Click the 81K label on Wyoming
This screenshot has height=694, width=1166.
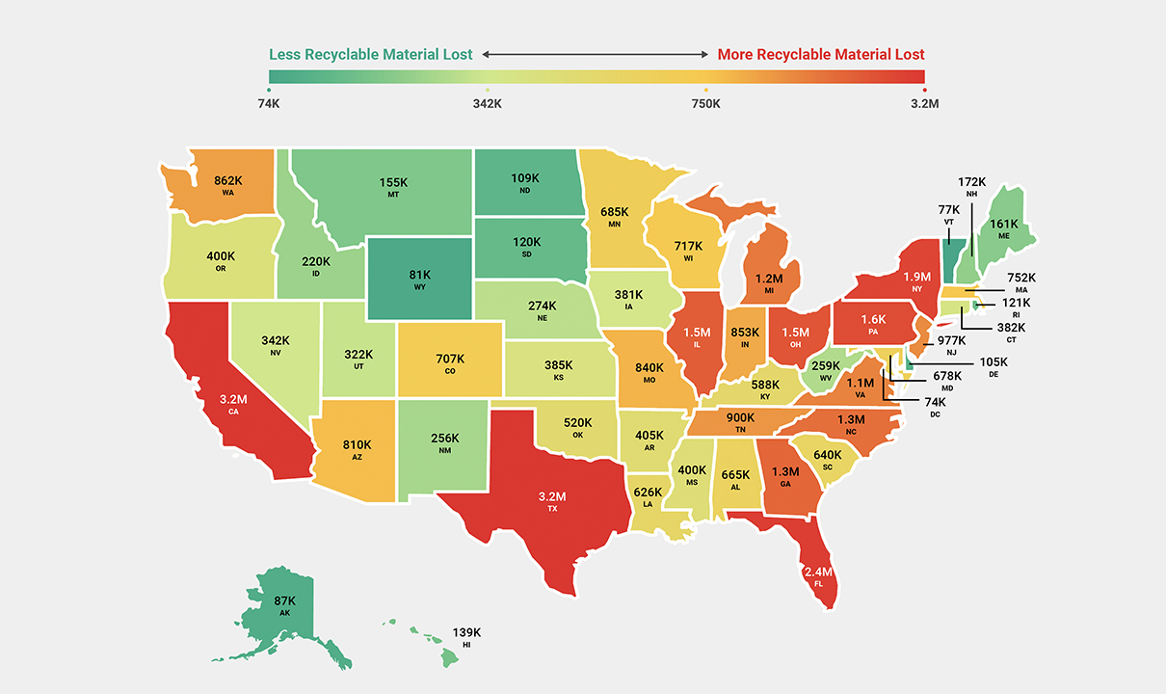coord(420,274)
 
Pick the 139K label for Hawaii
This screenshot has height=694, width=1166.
coord(466,632)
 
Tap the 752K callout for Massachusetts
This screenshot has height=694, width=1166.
coord(1020,277)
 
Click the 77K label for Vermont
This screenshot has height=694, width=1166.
coord(949,209)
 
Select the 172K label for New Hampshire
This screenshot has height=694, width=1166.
coord(971,181)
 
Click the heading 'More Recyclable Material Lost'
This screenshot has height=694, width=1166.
coord(821,55)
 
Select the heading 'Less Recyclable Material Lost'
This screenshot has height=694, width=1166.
coord(371,55)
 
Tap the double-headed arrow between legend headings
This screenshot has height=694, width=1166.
coord(596,55)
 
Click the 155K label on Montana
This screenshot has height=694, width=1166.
coord(393,181)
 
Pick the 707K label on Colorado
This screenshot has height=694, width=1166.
coord(448,359)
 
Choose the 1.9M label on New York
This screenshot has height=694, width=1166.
coord(916,277)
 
